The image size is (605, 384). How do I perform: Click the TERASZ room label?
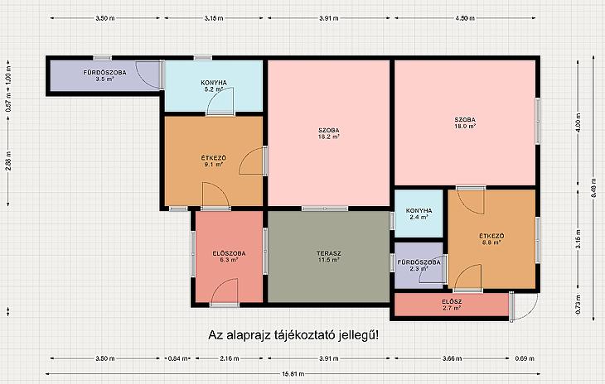(x=329, y=257)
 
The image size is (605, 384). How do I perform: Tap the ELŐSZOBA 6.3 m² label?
(x=229, y=257)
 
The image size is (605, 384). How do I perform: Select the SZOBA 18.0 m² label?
(x=465, y=122)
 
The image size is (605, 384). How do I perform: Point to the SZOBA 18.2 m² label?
(x=329, y=133)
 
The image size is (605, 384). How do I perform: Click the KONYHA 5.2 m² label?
(x=213, y=85)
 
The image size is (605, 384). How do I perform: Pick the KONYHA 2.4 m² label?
(x=419, y=214)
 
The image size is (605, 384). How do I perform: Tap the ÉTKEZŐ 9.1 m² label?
(x=213, y=161)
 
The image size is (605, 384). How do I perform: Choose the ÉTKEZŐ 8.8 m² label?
(x=491, y=239)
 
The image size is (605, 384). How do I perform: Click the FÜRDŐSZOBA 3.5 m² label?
(x=104, y=75)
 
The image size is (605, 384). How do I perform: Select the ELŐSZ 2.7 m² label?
(x=452, y=305)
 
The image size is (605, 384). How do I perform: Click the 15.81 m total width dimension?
(x=293, y=373)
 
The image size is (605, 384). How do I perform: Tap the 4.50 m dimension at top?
(x=465, y=18)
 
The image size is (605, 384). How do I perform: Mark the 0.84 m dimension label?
(x=178, y=358)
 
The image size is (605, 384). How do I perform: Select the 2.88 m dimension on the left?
(x=8, y=161)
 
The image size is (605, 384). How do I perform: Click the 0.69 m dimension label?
(x=525, y=358)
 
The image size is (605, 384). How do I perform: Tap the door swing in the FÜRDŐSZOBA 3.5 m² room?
(x=148, y=75)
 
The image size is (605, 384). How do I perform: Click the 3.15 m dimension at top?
(x=214, y=18)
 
